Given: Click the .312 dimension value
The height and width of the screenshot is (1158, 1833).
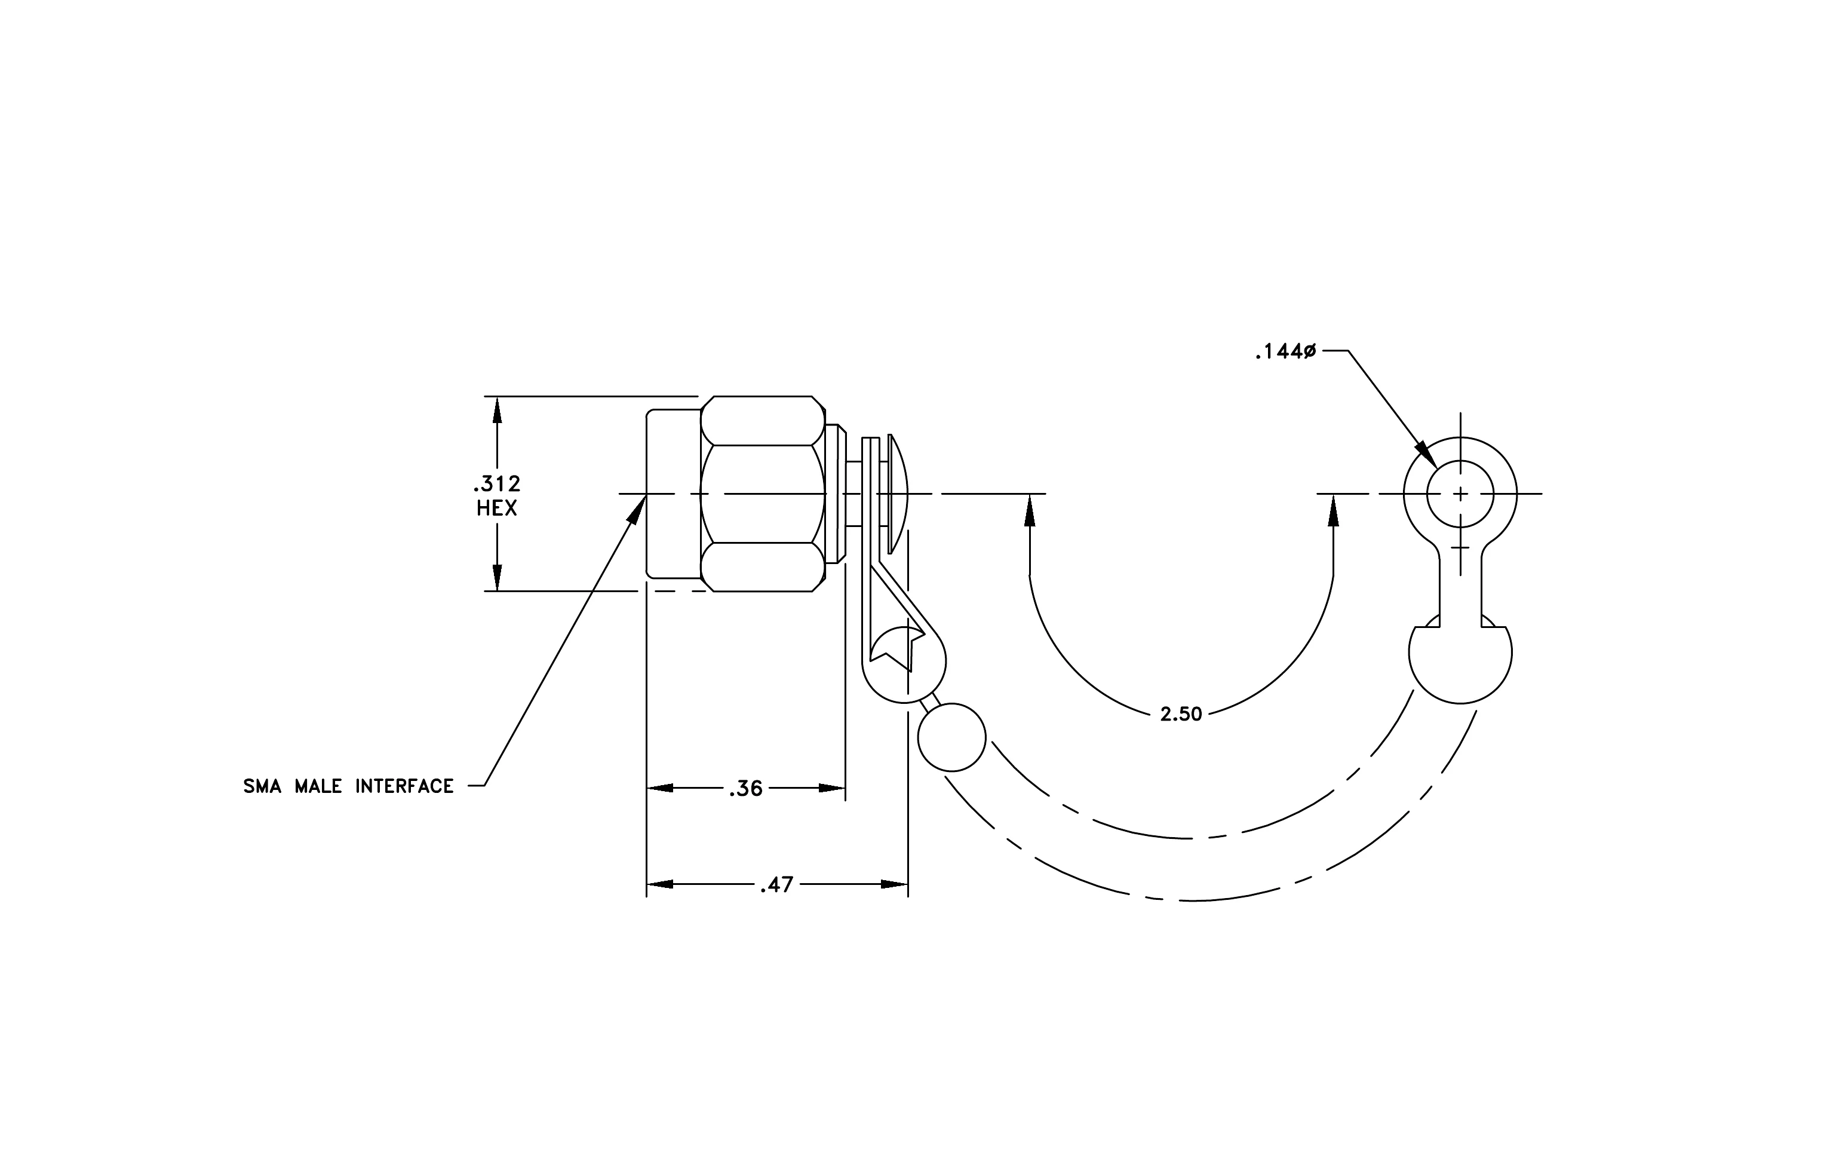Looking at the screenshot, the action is click(x=497, y=483).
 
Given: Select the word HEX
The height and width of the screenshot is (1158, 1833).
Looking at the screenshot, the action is click(x=497, y=508).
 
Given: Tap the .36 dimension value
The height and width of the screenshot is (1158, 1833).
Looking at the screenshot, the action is click(x=745, y=789).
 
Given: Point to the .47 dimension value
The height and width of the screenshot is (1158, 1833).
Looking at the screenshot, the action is click(x=776, y=885).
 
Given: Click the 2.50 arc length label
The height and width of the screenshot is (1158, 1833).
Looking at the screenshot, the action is click(x=1181, y=714).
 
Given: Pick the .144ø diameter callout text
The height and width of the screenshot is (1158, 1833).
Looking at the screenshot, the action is click(x=1286, y=352).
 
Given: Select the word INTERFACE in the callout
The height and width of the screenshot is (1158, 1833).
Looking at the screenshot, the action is click(x=404, y=786).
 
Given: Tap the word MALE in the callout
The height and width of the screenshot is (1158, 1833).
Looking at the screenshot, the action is click(x=318, y=786).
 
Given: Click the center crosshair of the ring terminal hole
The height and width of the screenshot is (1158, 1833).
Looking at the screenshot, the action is click(x=1460, y=494).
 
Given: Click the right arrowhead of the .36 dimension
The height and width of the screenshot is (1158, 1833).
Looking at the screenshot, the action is click(x=832, y=788).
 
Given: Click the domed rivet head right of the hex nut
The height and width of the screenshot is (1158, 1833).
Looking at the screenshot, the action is click(x=898, y=494).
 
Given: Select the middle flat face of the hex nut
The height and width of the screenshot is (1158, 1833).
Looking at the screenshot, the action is click(x=763, y=494).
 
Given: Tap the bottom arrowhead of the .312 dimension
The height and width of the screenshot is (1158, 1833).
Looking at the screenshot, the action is click(x=497, y=577).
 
